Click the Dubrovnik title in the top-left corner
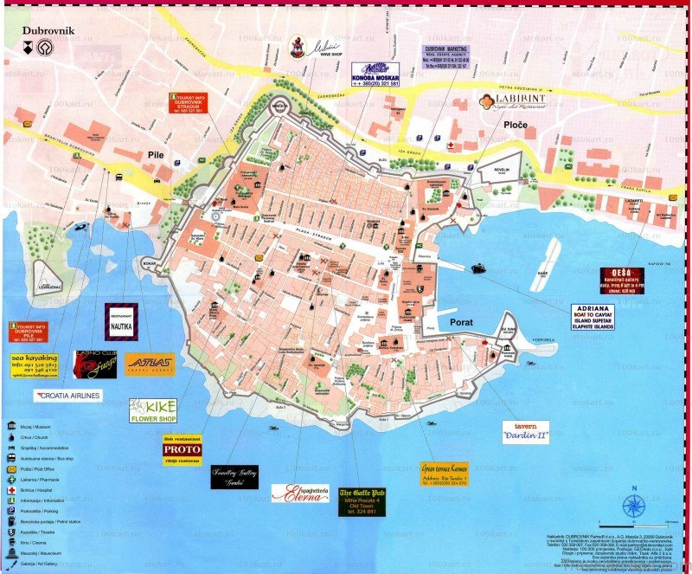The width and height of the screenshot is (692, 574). click(x=48, y=30)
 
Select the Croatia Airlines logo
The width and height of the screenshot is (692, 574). click(x=67, y=396)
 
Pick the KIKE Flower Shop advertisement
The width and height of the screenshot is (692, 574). click(x=153, y=410)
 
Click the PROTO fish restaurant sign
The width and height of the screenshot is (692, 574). click(x=182, y=450)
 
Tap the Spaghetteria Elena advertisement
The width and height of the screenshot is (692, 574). click(x=299, y=493)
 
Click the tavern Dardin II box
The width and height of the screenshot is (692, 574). click(x=525, y=432)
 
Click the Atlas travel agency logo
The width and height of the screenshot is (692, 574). click(x=150, y=364)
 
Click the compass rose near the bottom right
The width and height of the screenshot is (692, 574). click(x=635, y=505)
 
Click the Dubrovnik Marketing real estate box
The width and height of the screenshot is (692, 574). click(x=446, y=57)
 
